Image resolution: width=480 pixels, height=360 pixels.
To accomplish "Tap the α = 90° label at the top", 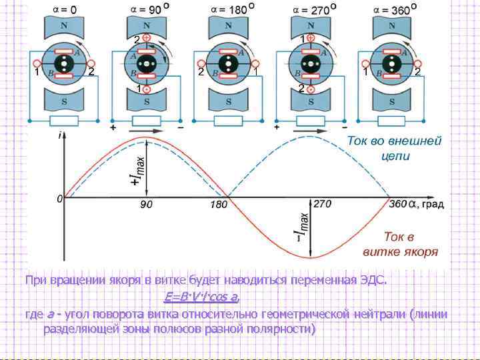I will click(148, 9).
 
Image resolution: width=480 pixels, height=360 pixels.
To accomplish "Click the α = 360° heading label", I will click(397, 9).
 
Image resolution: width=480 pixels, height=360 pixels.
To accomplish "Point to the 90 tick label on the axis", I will click(146, 205).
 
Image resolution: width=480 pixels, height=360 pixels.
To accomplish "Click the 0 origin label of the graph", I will click(59, 199).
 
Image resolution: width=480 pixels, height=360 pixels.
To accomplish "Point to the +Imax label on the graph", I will click(137, 167).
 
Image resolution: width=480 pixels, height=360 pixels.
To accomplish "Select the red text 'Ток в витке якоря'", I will click(400, 243).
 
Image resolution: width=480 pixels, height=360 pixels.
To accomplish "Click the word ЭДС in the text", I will click(371, 280).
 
